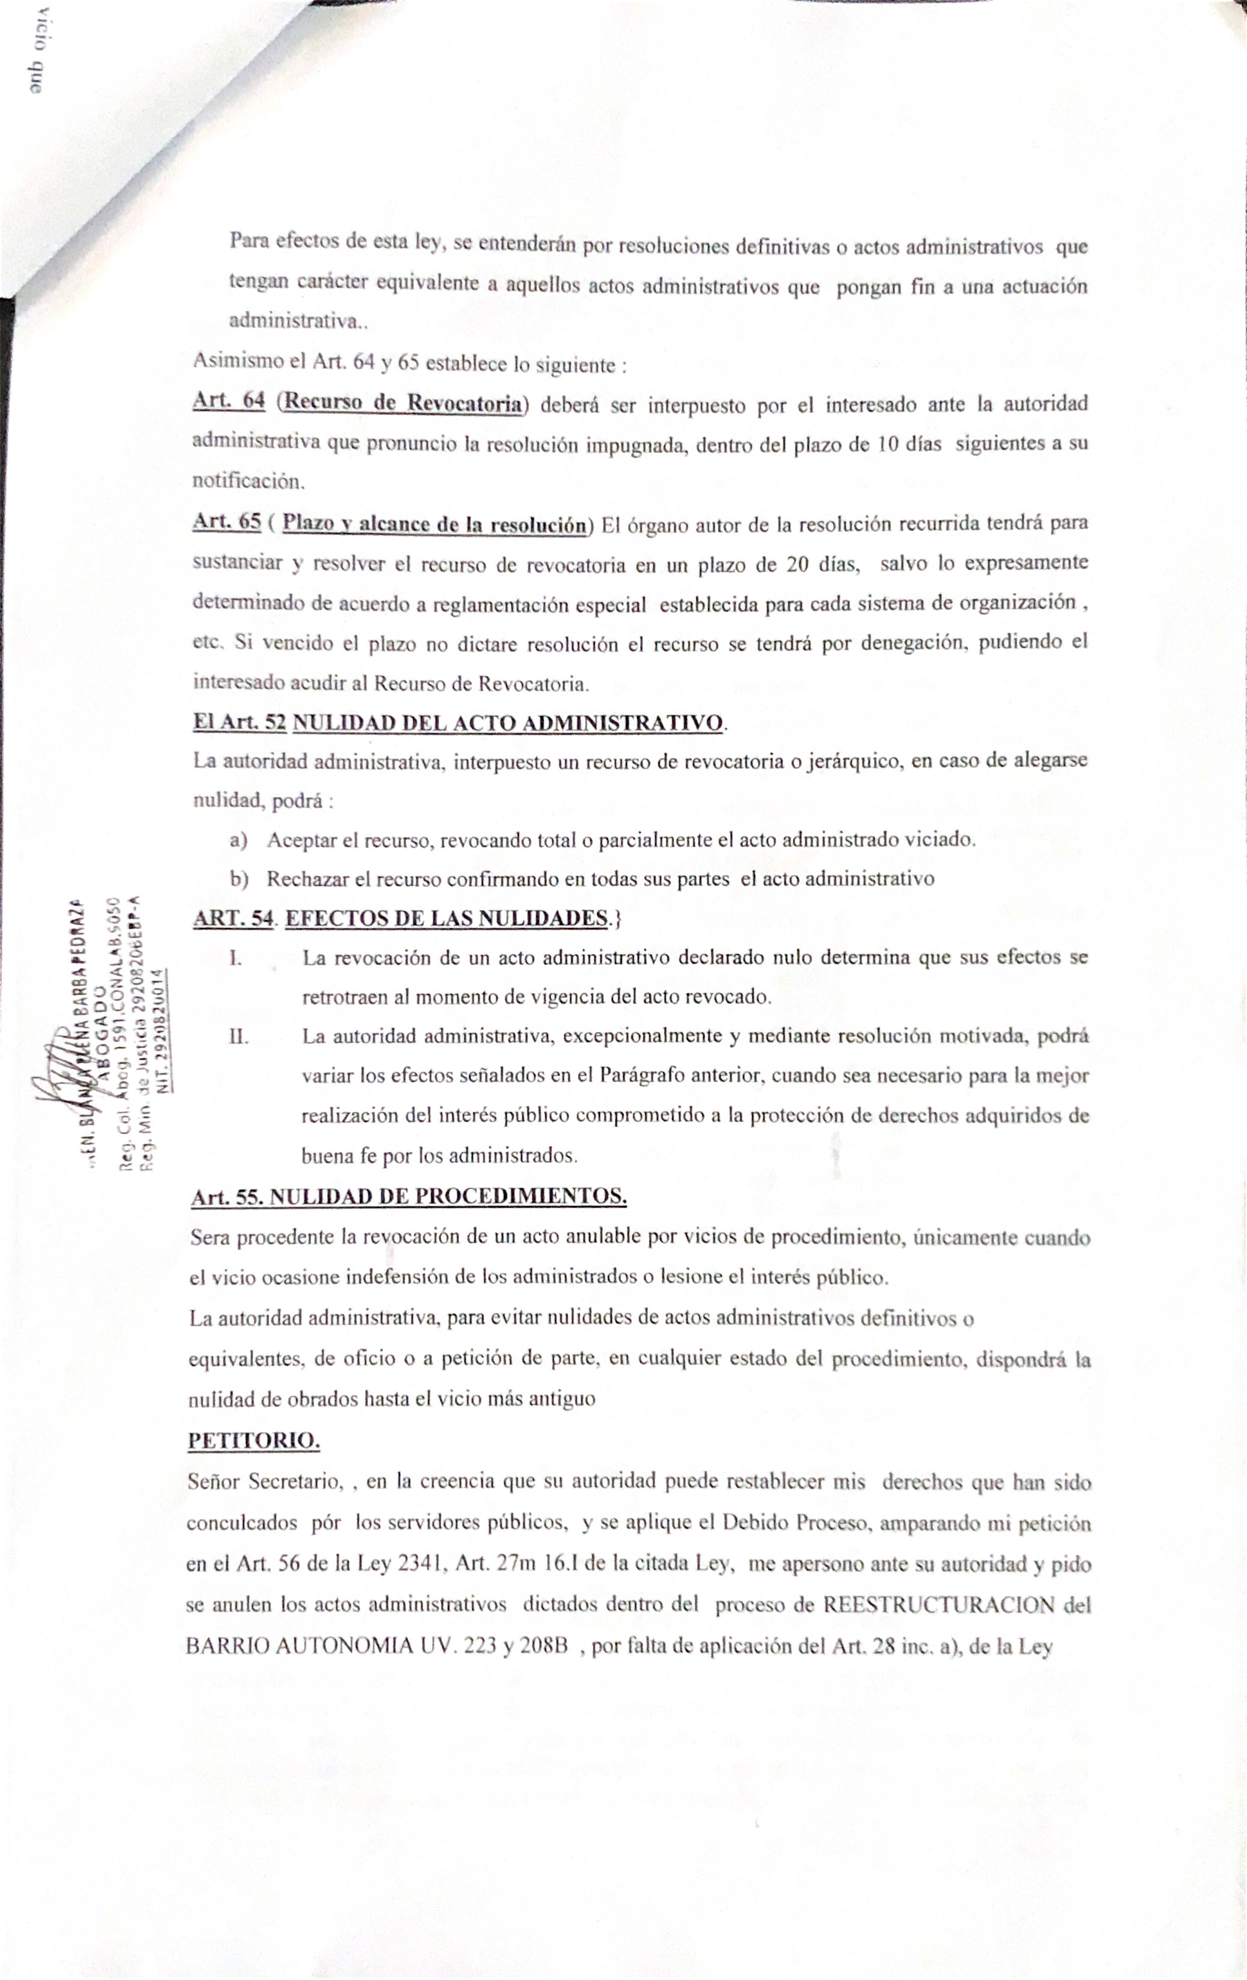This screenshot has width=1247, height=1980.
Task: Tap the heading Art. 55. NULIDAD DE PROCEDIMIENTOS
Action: click(x=409, y=1196)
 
